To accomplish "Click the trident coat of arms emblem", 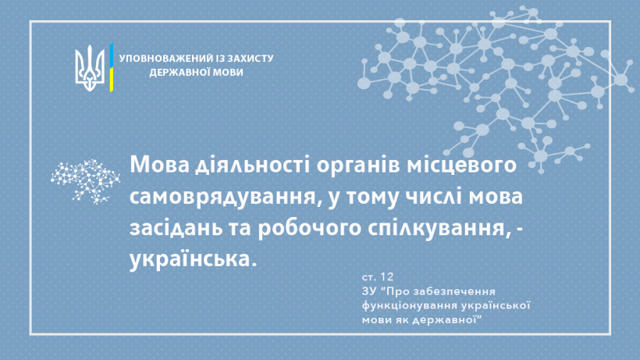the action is point(90,68).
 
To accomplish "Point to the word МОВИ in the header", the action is point(229,73).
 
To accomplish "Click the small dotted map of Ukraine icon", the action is point(85,182).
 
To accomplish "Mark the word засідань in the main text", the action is point(176,229).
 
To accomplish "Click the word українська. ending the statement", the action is point(193,259).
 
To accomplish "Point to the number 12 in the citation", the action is point(386,276).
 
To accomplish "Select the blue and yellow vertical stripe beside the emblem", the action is point(111,67).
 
